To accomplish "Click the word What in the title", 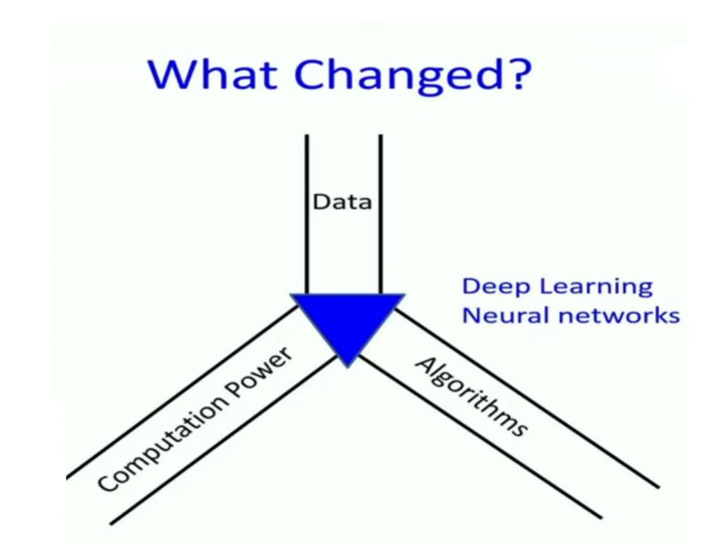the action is coord(213,75).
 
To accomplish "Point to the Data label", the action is coord(342,203).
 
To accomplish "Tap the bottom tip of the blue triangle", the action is coord(348,366).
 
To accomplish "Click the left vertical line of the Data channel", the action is coord(307,211).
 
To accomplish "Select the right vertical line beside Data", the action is coord(381,211).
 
